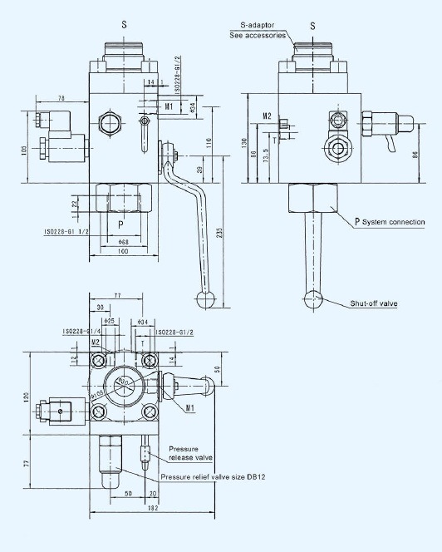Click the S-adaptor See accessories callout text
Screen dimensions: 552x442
[258, 32]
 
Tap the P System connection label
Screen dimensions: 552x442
[389, 221]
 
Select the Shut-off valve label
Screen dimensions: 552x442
[373, 303]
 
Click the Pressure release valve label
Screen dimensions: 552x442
[191, 453]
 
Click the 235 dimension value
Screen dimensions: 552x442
[219, 234]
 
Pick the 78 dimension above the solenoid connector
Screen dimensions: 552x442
[61, 99]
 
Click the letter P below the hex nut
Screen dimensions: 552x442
[120, 224]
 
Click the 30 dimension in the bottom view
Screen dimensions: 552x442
[101, 307]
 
